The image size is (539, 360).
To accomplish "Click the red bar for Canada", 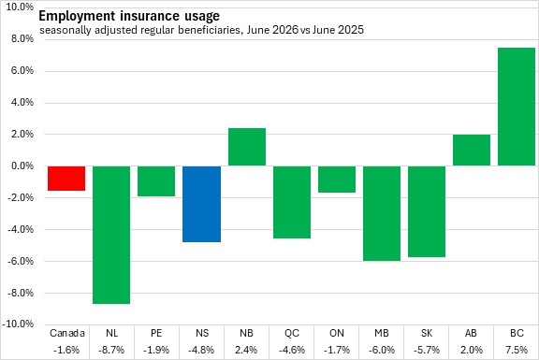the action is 66,179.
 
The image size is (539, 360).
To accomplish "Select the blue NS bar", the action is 201,204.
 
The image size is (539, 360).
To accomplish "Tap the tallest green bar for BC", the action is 517,107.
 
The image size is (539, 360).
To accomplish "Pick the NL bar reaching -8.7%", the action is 111,235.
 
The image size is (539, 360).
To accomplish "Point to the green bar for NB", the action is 247,147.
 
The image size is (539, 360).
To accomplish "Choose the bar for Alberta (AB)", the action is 472,151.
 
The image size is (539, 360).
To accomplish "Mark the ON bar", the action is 337,180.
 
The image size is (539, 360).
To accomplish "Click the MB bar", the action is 382,214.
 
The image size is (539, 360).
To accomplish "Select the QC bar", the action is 292,202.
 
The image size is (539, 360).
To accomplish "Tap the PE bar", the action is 156,181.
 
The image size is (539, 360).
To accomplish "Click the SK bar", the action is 427,211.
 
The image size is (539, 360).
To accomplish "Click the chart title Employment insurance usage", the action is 129,16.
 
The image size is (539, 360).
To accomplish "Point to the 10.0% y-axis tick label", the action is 20,7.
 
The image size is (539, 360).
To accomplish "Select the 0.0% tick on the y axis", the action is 22,166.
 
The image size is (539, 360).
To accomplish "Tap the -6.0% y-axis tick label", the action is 21,261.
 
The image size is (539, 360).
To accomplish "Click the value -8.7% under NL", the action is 111,350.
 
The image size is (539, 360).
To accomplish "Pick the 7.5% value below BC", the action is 517,350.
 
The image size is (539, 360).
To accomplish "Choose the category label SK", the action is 427,333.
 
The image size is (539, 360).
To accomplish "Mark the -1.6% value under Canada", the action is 66,350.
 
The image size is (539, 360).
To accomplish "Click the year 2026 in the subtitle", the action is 285,30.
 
